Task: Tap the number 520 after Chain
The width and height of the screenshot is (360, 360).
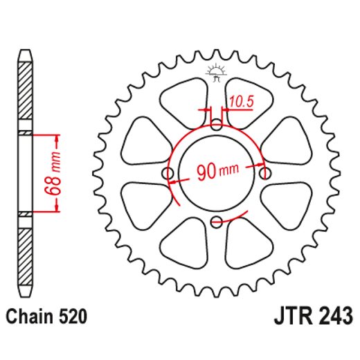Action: coord(72,318)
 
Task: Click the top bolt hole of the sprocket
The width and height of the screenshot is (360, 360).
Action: coord(216,125)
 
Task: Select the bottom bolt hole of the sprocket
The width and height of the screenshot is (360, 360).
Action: coord(216,222)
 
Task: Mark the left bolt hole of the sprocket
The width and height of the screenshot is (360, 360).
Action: coord(168,173)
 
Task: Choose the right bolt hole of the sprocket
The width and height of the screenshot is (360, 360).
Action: coord(264,173)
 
